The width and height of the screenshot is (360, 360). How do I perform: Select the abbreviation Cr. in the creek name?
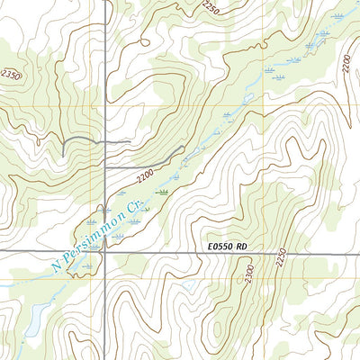click(x=136, y=206)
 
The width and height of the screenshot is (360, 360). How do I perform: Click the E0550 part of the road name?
click(x=220, y=244)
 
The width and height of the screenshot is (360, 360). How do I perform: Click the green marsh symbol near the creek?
click(x=163, y=192)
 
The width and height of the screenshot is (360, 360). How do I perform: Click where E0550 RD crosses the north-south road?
click(x=105, y=253)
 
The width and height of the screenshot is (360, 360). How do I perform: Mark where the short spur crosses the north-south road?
click(x=105, y=142)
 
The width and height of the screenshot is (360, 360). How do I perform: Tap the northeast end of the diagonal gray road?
click(x=185, y=147)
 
